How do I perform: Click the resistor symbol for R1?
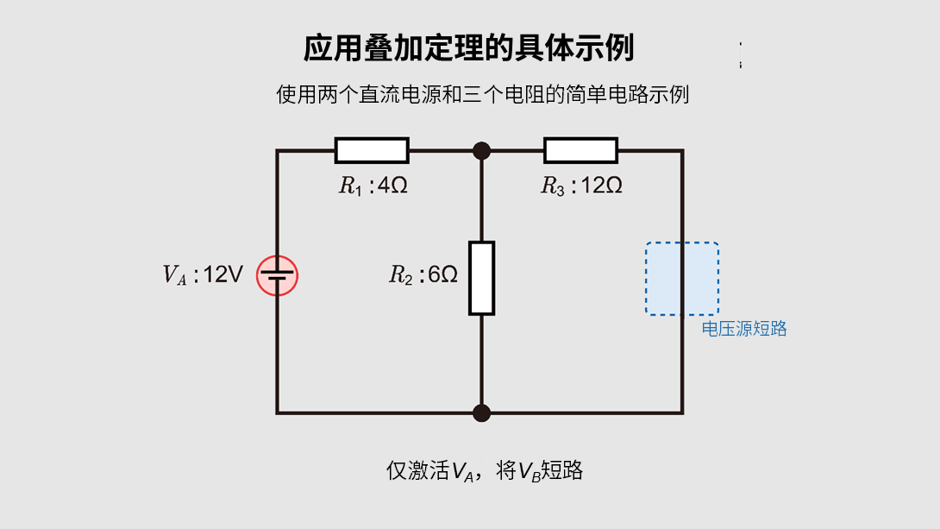point(372,150)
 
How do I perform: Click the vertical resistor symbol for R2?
point(481,278)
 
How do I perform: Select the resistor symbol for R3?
point(580,150)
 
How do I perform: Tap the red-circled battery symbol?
point(277,276)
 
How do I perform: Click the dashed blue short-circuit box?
point(682,278)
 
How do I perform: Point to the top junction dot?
point(481,151)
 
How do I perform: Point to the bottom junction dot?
point(481,412)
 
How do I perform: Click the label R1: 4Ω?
point(373,186)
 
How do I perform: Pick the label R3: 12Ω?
point(581,186)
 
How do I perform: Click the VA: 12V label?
point(204,275)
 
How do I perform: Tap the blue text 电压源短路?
point(744,329)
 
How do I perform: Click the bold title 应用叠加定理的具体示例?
point(468,48)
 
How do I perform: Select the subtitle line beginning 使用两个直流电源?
point(482,94)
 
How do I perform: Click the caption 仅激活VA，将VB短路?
point(485,471)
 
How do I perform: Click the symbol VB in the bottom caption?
point(529,472)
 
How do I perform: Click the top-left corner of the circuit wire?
point(277,151)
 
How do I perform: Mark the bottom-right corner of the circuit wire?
point(682,412)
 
